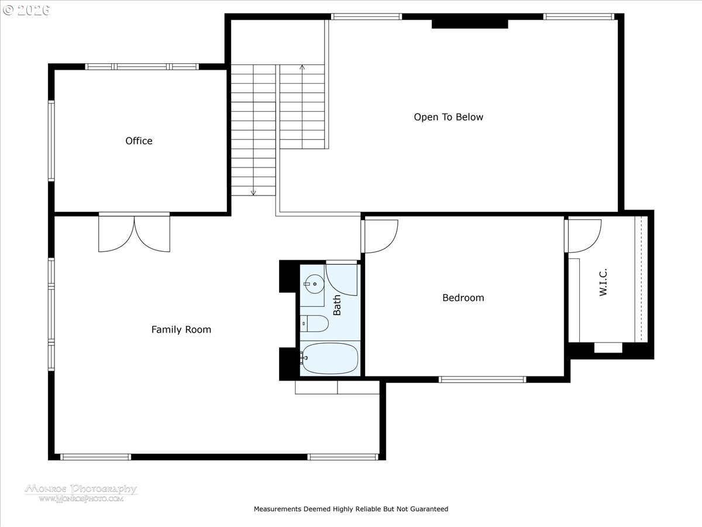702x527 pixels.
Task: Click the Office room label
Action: (x=139, y=141)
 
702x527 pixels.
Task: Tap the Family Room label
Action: (x=181, y=330)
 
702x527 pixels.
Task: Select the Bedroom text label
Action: (x=463, y=297)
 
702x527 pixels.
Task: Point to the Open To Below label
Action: (x=448, y=117)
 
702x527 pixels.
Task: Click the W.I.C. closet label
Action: (x=603, y=282)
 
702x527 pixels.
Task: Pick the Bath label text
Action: (x=337, y=305)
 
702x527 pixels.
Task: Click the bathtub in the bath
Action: (x=329, y=358)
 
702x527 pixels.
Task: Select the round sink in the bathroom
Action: (x=314, y=285)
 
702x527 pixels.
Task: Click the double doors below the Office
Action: (x=134, y=233)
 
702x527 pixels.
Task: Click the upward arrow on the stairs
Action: (x=302, y=68)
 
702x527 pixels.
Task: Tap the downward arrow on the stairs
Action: (x=253, y=191)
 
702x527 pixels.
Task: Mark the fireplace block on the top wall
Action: (x=470, y=23)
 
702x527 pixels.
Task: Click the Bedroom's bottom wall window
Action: (x=483, y=379)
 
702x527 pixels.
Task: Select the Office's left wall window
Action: (x=51, y=141)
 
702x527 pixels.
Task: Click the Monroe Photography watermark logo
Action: (x=81, y=492)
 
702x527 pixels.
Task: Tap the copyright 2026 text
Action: (x=26, y=10)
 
